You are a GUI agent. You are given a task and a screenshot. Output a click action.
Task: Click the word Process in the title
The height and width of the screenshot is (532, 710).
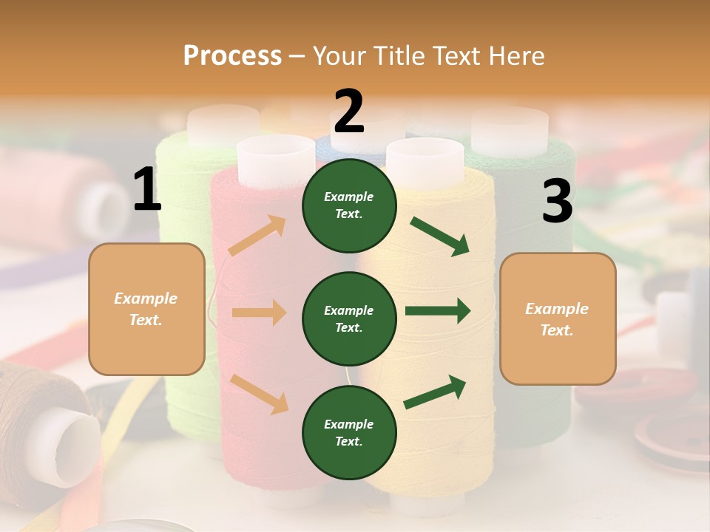[x=232, y=55]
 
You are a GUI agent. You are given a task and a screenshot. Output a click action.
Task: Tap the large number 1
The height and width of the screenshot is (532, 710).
[x=146, y=190]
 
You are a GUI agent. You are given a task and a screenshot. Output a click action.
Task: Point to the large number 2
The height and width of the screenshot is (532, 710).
[x=348, y=112]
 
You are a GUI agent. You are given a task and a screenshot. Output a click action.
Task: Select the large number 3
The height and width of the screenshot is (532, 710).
[x=557, y=202]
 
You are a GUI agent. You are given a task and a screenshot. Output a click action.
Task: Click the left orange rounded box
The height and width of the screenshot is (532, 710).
[x=146, y=309]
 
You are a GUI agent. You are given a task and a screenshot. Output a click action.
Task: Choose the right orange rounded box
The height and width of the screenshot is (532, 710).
[x=558, y=319]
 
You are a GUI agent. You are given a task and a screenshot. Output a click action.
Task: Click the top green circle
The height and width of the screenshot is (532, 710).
[x=348, y=205]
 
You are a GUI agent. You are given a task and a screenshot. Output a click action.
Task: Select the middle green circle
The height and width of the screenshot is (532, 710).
[x=348, y=319]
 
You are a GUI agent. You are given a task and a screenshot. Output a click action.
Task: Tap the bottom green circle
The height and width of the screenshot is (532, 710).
[x=348, y=433]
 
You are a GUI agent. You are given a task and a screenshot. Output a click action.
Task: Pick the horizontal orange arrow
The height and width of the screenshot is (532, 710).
[x=259, y=313]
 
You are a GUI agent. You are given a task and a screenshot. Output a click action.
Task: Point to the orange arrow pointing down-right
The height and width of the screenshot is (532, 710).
[x=260, y=394]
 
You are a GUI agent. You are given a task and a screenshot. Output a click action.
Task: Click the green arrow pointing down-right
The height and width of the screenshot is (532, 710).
[x=440, y=236]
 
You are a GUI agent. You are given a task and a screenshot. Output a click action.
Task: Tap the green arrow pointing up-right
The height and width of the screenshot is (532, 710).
[x=435, y=392]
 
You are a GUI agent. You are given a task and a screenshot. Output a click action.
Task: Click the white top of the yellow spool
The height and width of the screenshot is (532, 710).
[x=425, y=155]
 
